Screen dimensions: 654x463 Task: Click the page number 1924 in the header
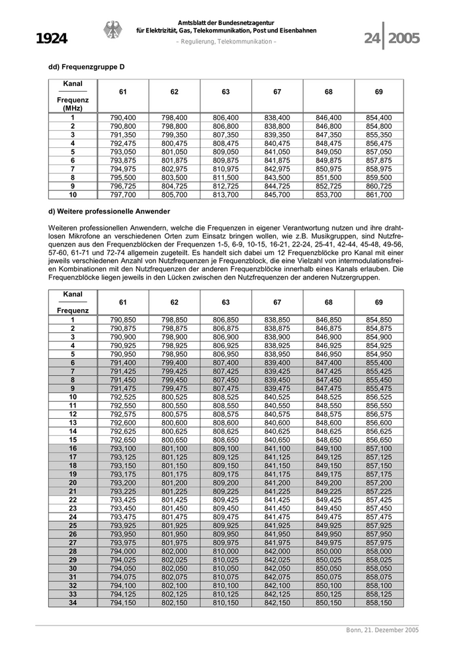point(52,39)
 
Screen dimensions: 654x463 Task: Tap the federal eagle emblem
point(112,30)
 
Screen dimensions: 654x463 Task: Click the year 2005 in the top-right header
point(404,39)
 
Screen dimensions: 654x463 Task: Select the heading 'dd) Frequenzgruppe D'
point(87,67)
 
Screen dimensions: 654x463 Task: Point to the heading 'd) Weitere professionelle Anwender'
point(109,211)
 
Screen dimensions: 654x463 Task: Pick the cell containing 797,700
point(123,195)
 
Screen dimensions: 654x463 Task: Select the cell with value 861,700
point(378,195)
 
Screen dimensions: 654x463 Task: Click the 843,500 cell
point(277,178)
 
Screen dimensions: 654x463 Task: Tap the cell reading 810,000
point(226,551)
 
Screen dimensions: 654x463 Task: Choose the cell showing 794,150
point(123,602)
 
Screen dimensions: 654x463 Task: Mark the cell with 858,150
point(378,602)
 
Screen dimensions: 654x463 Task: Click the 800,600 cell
point(175,423)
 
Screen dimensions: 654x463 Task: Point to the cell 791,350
point(123,135)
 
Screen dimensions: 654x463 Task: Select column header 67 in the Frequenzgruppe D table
point(277,91)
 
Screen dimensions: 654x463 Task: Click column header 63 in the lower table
point(226,302)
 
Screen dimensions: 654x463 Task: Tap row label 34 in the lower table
point(73,602)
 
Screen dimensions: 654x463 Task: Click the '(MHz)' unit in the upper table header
point(73,108)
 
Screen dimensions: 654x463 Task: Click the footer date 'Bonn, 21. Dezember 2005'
point(382,630)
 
